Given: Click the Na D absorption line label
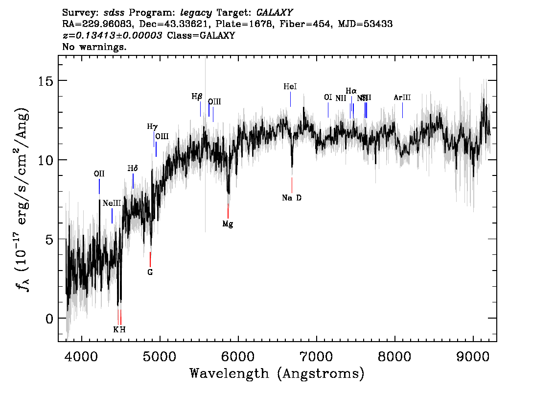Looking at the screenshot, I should click(x=292, y=198).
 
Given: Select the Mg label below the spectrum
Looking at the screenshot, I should click(x=228, y=224).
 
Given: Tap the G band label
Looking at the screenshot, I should click(x=150, y=273).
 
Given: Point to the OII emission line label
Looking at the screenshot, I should click(x=99, y=174).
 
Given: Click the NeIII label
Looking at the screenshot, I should click(x=112, y=203).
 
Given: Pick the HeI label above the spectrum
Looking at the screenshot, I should click(x=290, y=87).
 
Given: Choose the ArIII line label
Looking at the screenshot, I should click(x=402, y=98).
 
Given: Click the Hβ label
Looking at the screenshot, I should click(x=197, y=97).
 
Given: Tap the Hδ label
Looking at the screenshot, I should click(x=133, y=169).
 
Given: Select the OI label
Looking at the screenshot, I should click(x=328, y=97).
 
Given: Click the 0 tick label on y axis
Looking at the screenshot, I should click(x=49, y=318).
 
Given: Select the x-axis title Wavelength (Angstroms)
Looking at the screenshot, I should click(x=277, y=374).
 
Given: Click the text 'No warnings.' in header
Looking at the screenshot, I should click(x=94, y=47).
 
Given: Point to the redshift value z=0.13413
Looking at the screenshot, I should click(x=113, y=36).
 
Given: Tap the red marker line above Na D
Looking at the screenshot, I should click(x=292, y=185).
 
